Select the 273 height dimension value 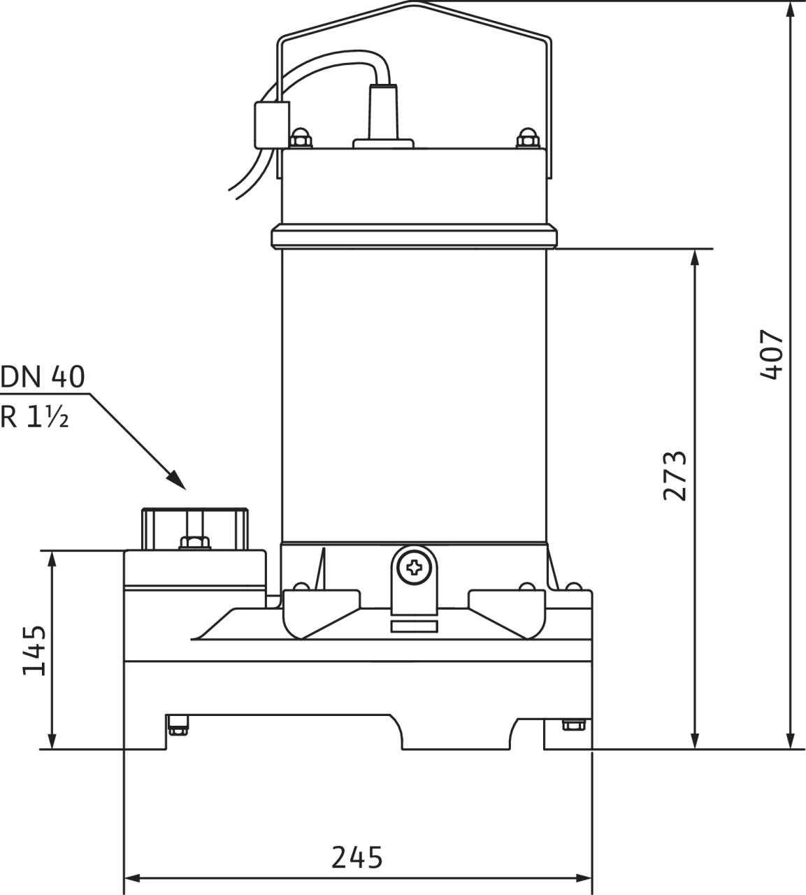click(x=675, y=476)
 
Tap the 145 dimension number click(x=34, y=650)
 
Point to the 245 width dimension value click(x=357, y=857)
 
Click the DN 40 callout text click(x=43, y=377)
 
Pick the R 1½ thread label click(x=35, y=417)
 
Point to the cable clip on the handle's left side click(x=271, y=124)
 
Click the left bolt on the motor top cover click(x=301, y=138)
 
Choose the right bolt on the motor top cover click(x=526, y=138)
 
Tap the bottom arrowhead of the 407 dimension click(x=791, y=741)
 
